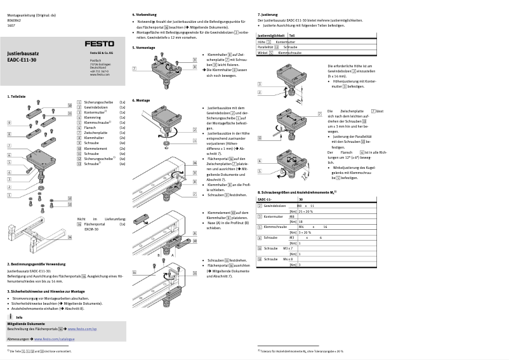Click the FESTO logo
[x=107, y=42]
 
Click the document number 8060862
[x=14, y=19]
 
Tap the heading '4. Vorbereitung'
[x=145, y=14]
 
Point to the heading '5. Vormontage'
[x=143, y=48]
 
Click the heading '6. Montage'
[x=141, y=100]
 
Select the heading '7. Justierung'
[x=268, y=14]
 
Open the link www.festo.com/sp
[x=82, y=330]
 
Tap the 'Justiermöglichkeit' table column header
[x=271, y=36]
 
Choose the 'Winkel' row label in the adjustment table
[x=262, y=53]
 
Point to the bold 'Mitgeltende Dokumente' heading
[x=30, y=324]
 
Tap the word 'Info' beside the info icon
[x=20, y=317]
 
